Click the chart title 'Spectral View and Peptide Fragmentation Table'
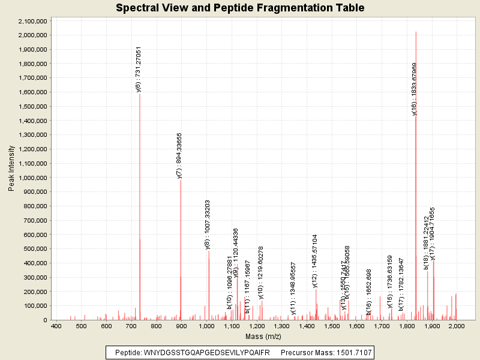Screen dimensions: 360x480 point(240,8)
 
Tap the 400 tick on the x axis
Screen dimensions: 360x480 point(56,326)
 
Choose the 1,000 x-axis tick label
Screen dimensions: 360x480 point(206,326)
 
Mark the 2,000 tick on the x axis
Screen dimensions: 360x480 point(457,326)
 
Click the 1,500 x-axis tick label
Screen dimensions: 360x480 point(332,326)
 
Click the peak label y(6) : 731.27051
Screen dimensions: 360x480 point(139,69)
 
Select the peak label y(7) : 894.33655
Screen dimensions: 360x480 point(179,155)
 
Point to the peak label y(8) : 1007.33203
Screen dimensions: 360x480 point(208,224)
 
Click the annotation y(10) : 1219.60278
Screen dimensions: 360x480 point(261,272)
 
